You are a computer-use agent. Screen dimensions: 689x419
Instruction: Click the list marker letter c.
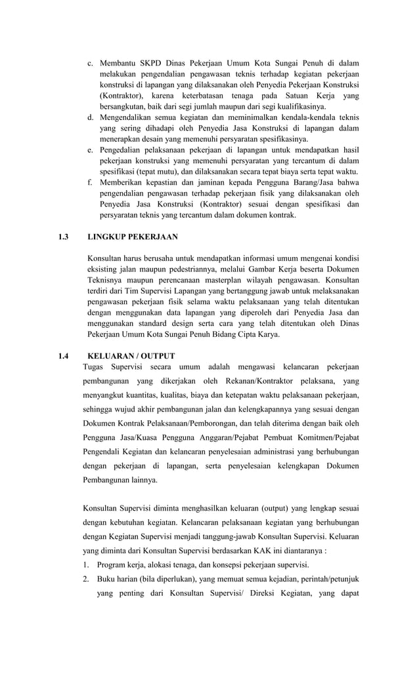point(90,64)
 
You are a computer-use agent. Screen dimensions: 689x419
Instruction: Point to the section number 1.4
point(63,356)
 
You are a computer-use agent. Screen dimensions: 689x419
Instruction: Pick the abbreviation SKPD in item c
point(153,64)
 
